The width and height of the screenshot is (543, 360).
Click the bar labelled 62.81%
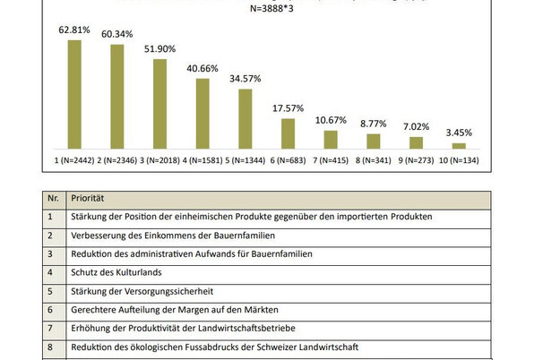pos(74,93)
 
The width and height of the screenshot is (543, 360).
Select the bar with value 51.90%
pos(159,103)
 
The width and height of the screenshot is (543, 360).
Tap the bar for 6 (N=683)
pos(288,133)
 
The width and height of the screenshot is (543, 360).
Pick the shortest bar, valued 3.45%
pos(459,145)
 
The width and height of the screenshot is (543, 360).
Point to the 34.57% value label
pos(245,79)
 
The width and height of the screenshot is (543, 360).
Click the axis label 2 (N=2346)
pos(117,160)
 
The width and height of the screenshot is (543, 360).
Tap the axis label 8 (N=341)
pos(373,160)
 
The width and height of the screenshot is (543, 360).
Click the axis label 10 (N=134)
pos(459,160)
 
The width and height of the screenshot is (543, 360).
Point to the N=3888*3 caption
pos(271,9)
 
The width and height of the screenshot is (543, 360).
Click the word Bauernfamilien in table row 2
pos(243,236)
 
